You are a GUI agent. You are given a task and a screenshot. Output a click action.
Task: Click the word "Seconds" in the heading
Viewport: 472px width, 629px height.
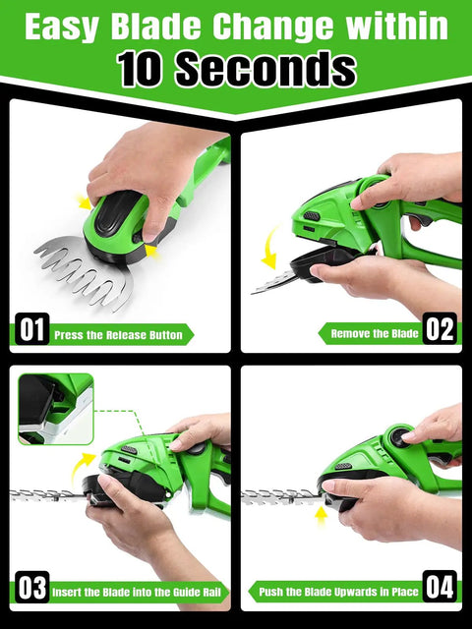[x=266, y=68]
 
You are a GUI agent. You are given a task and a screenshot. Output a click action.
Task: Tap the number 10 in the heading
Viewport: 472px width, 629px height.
[x=139, y=69]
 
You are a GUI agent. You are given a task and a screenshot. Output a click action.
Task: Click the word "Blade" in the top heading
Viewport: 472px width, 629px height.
[x=155, y=27]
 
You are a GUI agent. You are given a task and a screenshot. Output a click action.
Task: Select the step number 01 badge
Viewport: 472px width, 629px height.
[x=32, y=329]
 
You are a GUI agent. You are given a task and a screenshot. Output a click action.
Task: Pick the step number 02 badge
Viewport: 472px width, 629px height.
[x=440, y=328]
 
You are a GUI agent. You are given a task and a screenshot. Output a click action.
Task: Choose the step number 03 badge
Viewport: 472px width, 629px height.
[x=32, y=588]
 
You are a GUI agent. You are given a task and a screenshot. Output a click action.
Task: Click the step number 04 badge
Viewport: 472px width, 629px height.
[x=440, y=587]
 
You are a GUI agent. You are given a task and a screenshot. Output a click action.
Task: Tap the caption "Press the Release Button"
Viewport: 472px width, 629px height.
[x=118, y=335]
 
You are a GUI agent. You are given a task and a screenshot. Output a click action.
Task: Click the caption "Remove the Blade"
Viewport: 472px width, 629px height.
[x=375, y=334]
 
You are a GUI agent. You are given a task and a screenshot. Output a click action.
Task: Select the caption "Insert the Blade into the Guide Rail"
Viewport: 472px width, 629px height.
[x=137, y=593]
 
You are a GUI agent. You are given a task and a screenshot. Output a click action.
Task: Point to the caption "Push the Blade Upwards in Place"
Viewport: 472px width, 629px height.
[x=338, y=592]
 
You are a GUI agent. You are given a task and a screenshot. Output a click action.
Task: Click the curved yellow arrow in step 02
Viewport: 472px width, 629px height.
[x=268, y=247]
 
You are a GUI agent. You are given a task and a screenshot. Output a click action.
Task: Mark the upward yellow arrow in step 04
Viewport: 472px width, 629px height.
[x=321, y=516]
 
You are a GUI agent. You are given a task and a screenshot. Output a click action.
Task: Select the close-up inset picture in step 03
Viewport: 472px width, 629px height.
[x=56, y=409]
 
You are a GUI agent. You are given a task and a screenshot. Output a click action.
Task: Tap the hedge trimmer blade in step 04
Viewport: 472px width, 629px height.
[x=281, y=496]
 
